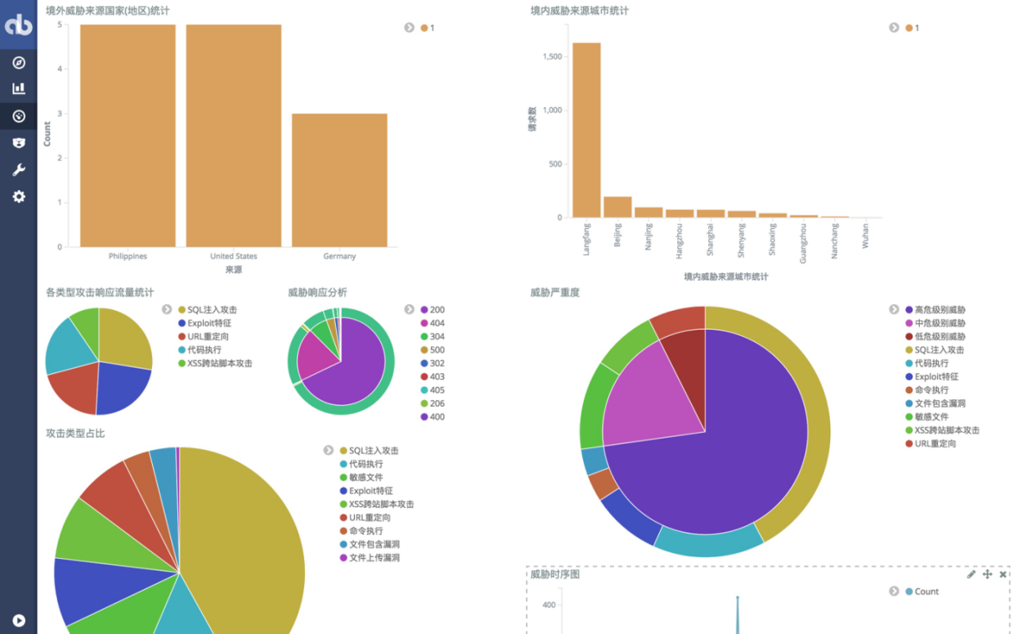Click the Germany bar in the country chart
[x=339, y=180]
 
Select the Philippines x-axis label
[x=128, y=256]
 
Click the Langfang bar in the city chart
[x=586, y=130]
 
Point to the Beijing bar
[x=617, y=207]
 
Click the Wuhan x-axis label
[x=866, y=236]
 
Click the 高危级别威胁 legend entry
[x=940, y=310]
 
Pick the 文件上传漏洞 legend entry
[x=374, y=558]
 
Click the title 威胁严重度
[x=554, y=292]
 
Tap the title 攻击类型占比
[x=75, y=433]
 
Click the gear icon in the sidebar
[x=19, y=196]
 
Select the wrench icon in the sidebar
[x=19, y=170]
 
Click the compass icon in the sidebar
[x=19, y=63]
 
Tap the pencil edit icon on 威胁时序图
[x=971, y=574]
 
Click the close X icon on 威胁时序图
[x=1003, y=574]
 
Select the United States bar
[x=234, y=135]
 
